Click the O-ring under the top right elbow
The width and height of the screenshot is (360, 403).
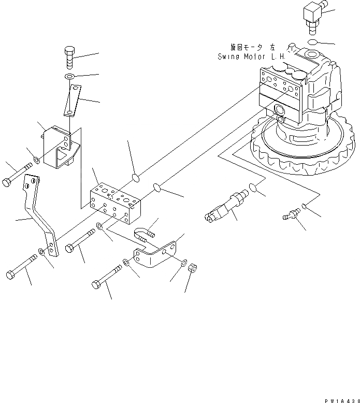click(313, 41)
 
